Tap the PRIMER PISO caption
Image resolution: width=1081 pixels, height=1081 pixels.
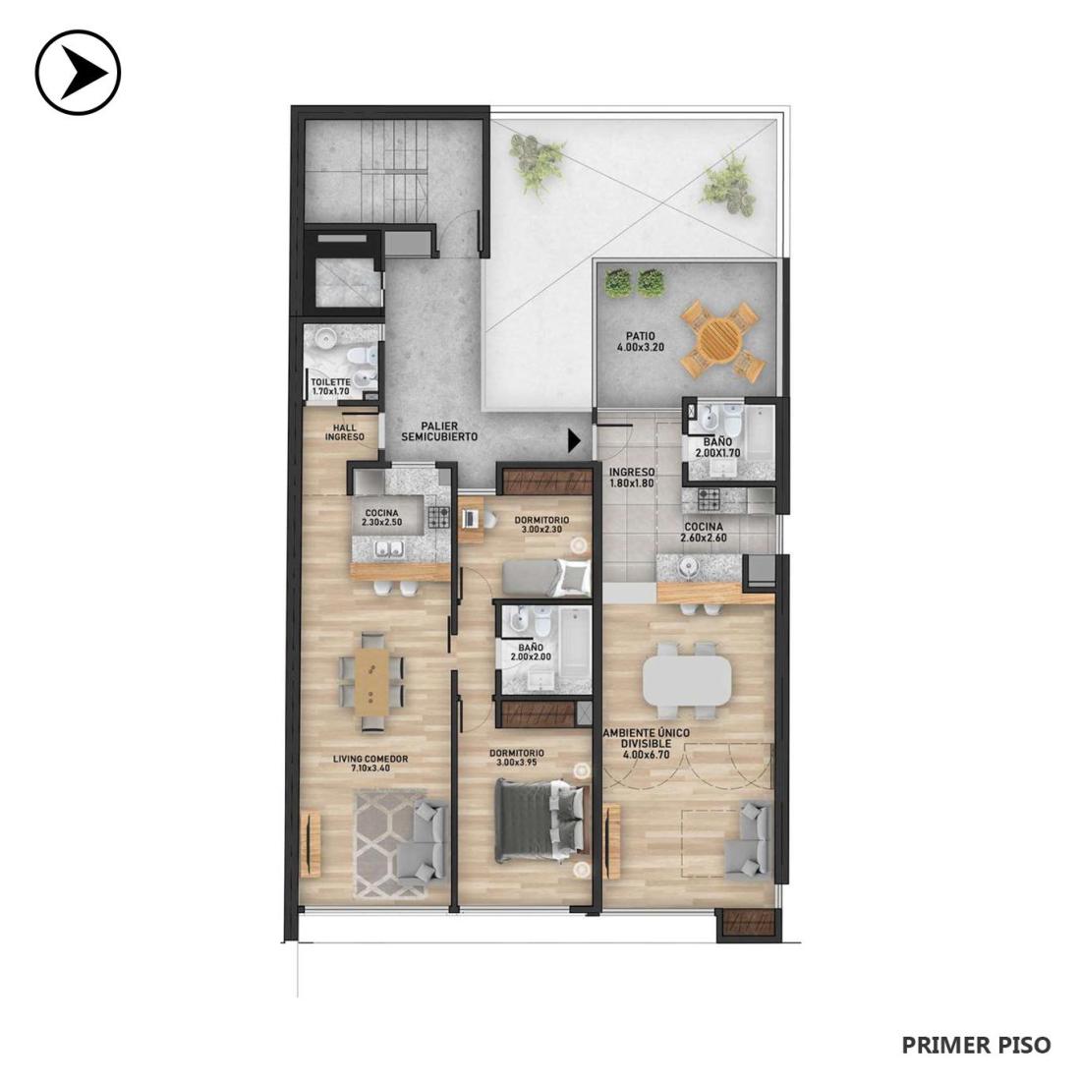pyautogui.click(x=976, y=1045)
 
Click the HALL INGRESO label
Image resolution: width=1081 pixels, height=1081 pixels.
pyautogui.click(x=344, y=432)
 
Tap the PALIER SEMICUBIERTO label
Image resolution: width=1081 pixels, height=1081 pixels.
pyautogui.click(x=439, y=431)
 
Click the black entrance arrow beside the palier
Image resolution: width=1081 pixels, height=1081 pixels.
pyautogui.click(x=574, y=440)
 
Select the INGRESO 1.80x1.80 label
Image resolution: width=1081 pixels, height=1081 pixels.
pyautogui.click(x=632, y=478)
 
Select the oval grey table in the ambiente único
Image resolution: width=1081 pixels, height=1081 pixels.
pyautogui.click(x=686, y=680)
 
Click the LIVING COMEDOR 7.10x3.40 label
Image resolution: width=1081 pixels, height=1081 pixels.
pyautogui.click(x=370, y=764)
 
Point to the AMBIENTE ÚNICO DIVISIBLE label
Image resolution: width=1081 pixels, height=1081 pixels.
pyautogui.click(x=646, y=738)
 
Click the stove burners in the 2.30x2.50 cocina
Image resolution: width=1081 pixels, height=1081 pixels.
pyautogui.click(x=438, y=516)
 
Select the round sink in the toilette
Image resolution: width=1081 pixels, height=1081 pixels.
pyautogui.click(x=325, y=338)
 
